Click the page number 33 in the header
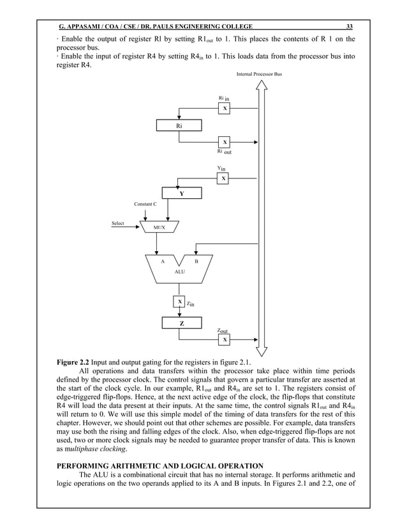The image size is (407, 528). [349, 26]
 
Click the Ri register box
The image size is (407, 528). [179, 127]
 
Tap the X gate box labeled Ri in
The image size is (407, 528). [225, 109]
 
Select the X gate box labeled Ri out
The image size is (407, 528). [225, 141]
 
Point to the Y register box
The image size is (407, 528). [182, 194]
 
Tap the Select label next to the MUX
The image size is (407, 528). [118, 224]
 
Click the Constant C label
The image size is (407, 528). [145, 204]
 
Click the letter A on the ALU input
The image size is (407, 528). [163, 261]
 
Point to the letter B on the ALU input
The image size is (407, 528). [196, 261]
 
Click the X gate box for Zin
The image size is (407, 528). [180, 302]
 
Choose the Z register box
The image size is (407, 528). [182, 324]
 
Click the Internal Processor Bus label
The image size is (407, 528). [259, 75]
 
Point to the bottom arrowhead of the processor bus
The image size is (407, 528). [262, 351]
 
